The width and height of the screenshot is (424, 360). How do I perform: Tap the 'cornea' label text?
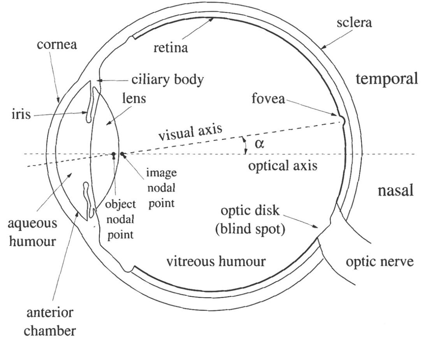tap(57, 44)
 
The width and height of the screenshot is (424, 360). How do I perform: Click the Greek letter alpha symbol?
tap(260, 144)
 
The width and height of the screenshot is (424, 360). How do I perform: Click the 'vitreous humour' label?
tap(216, 261)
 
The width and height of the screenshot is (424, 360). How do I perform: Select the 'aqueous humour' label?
tap(33, 233)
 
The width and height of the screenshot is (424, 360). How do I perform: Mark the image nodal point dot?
tap(122, 154)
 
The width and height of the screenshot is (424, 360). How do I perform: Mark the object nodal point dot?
tap(113, 155)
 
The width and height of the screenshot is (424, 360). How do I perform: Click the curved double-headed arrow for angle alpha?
tap(245, 145)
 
